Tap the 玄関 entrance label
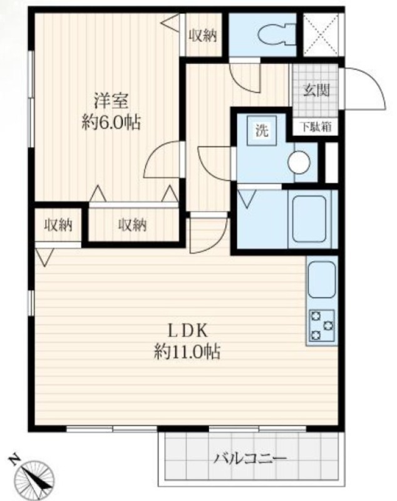tap(316, 90)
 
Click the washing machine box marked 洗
tap(262, 130)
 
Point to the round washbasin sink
tap(299, 162)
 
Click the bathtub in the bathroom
tap(309, 219)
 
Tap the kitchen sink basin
tap(322, 280)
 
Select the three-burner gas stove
tap(322, 325)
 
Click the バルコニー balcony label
tap(250, 459)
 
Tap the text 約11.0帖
tap(187, 352)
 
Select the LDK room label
tap(188, 331)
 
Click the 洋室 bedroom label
tap(111, 100)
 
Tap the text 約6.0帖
tap(111, 121)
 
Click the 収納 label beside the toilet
tap(204, 36)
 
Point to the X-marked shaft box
tap(321, 35)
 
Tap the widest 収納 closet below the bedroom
tap(133, 225)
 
